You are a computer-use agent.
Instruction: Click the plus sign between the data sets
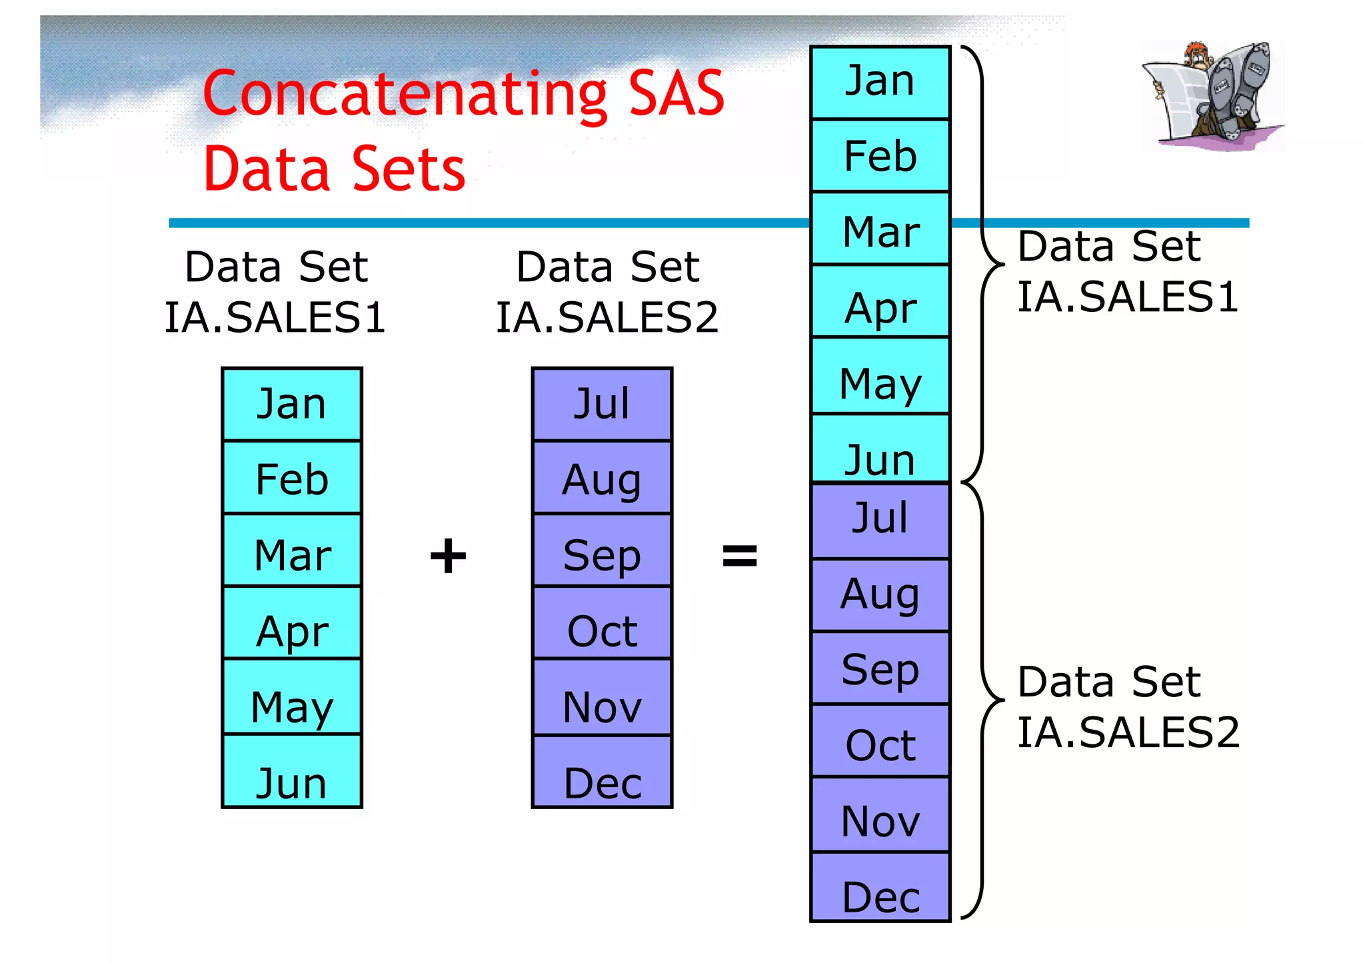click(x=448, y=556)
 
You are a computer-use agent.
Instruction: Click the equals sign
click(x=740, y=556)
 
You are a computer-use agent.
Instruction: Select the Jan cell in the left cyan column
click(x=292, y=404)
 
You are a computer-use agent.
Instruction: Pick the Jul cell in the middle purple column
click(x=602, y=404)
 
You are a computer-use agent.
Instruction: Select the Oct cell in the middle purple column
click(x=602, y=624)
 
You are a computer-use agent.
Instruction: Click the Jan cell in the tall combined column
click(x=880, y=83)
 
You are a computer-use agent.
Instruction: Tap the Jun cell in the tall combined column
click(x=880, y=449)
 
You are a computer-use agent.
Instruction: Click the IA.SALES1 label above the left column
click(x=275, y=317)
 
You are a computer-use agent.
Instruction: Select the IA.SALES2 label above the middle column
click(x=607, y=317)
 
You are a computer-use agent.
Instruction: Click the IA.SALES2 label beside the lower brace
click(x=1128, y=732)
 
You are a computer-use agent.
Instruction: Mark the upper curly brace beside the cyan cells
click(x=982, y=264)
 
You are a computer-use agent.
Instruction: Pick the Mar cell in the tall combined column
click(x=880, y=231)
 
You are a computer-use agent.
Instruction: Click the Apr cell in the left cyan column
click(x=292, y=624)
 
